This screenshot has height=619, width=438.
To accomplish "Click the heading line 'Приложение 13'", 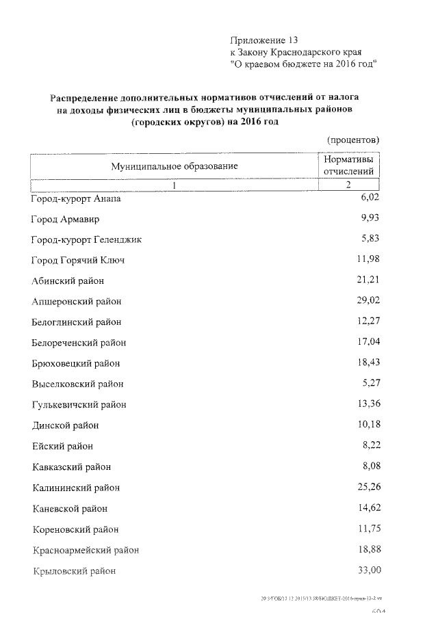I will click(264, 40).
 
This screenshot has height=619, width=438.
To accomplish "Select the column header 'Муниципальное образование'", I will click(175, 166).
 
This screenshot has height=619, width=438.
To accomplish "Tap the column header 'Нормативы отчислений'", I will click(348, 165).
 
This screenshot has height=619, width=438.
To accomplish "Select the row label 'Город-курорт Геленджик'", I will click(86, 240).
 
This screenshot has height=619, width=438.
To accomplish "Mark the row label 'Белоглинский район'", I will click(77, 321).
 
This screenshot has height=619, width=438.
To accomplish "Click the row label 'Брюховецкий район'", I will click(76, 363).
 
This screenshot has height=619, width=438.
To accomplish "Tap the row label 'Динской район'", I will click(66, 425).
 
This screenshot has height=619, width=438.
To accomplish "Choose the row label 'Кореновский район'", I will click(75, 529).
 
